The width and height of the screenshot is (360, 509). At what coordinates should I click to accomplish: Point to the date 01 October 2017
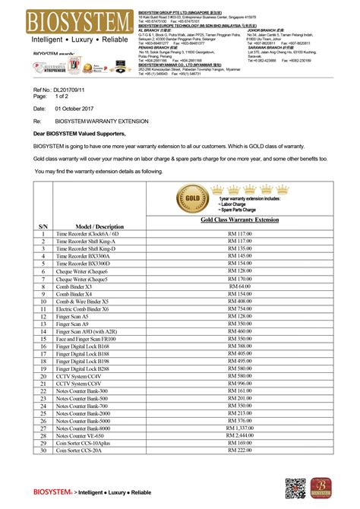[80, 108]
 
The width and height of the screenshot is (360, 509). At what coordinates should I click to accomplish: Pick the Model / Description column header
[99, 226]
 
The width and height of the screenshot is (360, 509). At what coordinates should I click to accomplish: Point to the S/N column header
[43, 226]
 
